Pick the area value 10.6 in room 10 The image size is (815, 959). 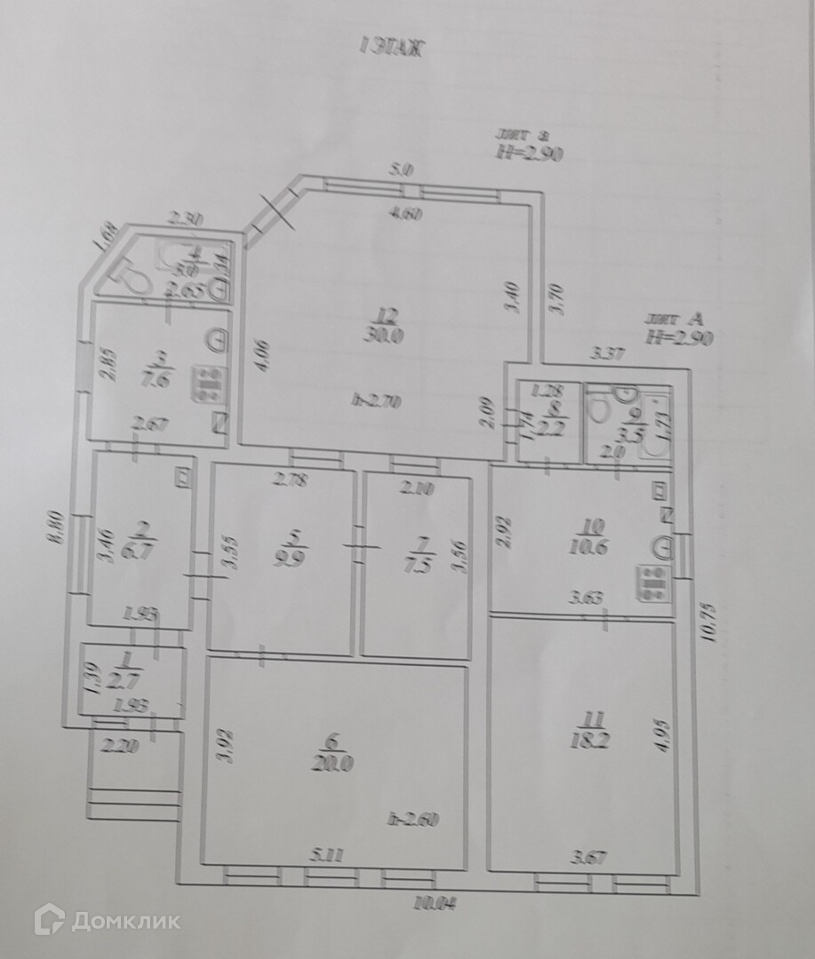point(591,546)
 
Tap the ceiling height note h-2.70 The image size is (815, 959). point(376,401)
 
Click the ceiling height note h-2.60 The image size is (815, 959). point(415,820)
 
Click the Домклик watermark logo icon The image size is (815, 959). point(49,919)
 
